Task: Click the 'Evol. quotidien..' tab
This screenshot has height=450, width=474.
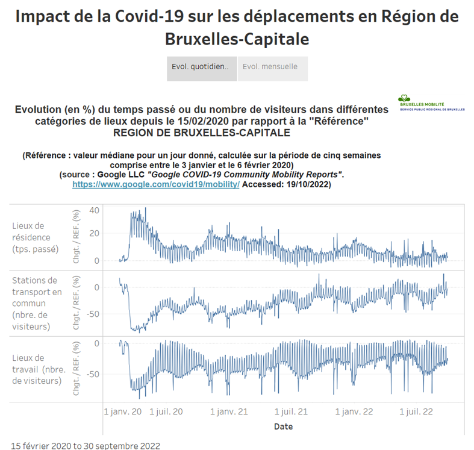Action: (x=201, y=67)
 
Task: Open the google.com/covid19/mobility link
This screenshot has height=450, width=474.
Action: (x=155, y=185)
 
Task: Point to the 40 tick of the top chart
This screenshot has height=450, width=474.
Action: (x=93, y=210)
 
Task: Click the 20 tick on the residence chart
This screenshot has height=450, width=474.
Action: (x=93, y=234)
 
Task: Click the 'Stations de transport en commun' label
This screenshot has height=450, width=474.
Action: (x=37, y=304)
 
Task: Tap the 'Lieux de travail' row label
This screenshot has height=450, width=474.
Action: (x=37, y=369)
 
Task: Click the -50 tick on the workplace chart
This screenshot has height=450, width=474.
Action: (x=92, y=374)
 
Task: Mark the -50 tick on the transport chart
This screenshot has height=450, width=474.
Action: (x=92, y=314)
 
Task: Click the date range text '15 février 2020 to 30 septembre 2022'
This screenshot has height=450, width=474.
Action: (x=86, y=446)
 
